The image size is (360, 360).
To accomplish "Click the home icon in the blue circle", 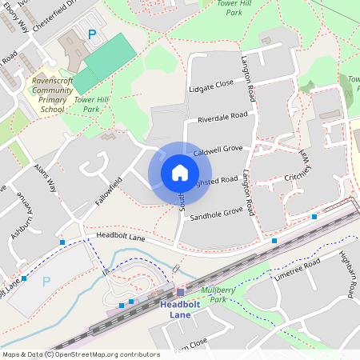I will pos(179,173).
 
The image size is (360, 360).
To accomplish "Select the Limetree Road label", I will pos(297,270).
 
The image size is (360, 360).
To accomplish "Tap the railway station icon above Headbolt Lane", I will pos(180,292).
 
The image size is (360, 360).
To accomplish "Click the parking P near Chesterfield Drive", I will pos(92,34).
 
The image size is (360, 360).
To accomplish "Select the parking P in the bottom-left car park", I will pos(46,281).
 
